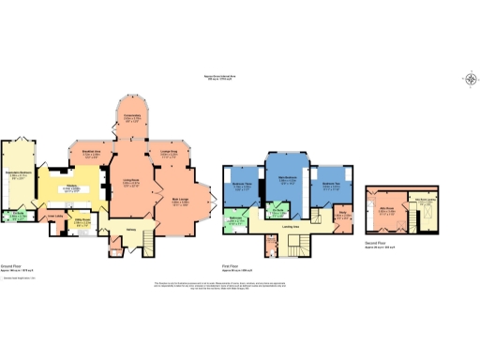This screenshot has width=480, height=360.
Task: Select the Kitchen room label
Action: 69,189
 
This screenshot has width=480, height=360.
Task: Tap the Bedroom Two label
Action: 331,187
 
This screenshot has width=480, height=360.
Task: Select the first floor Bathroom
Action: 235,221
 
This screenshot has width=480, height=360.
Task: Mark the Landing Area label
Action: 291,226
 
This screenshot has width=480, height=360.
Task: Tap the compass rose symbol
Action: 469,79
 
